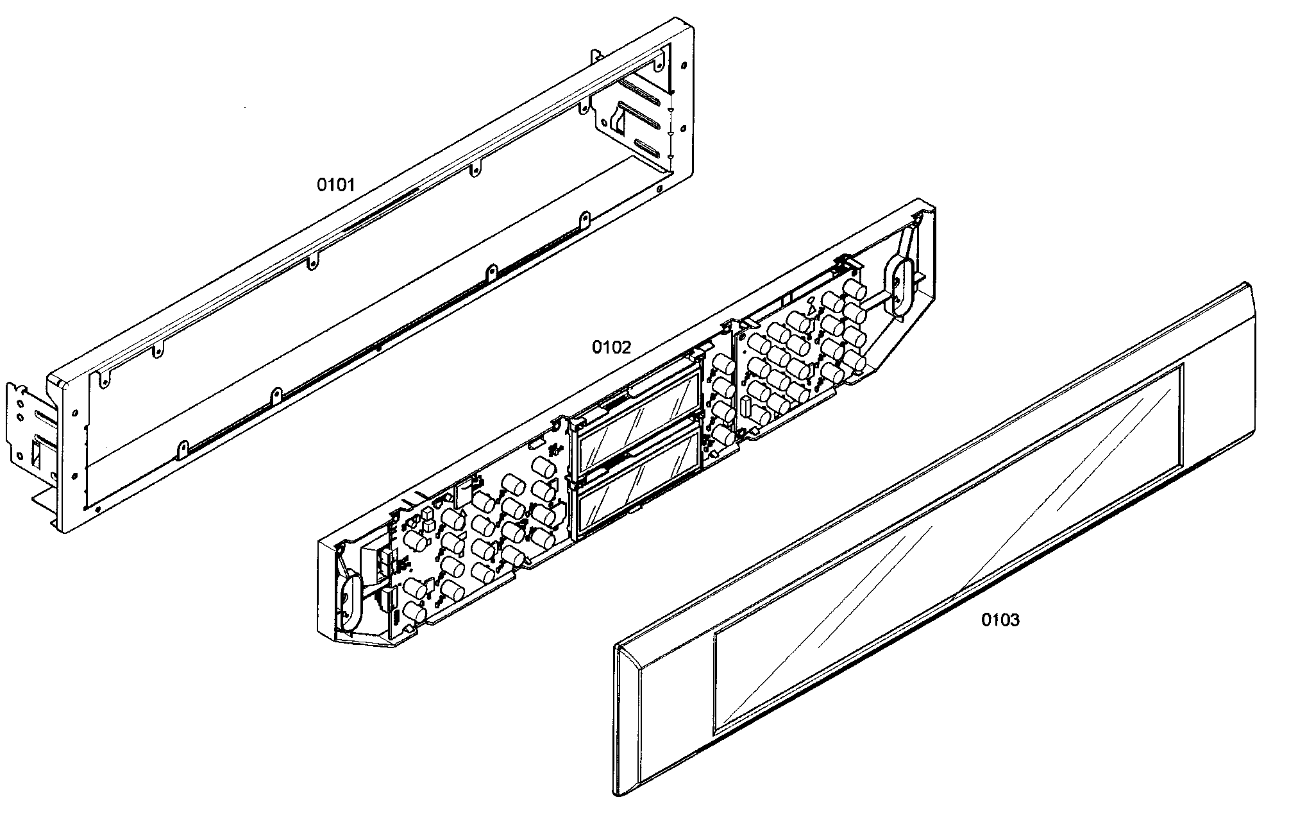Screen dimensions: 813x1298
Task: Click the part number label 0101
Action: pos(335,185)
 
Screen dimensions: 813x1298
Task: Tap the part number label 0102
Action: pos(611,348)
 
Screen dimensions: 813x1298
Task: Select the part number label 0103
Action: pos(1000,620)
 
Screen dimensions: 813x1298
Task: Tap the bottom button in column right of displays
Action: pos(723,436)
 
